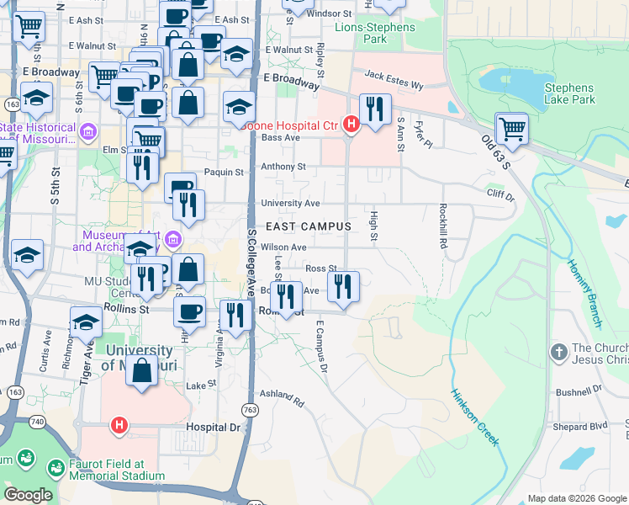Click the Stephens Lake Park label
click(x=569, y=93)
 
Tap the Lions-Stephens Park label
click(x=375, y=33)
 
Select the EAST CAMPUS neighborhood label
click(x=308, y=227)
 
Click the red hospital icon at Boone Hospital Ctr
click(x=352, y=125)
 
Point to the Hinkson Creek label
click(x=475, y=417)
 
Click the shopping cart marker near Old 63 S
click(x=511, y=130)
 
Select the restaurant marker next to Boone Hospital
click(x=375, y=109)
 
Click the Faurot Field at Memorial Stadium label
click(x=107, y=470)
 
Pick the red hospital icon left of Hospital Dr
click(x=119, y=426)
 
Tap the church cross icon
click(x=558, y=351)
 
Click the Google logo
click(x=28, y=495)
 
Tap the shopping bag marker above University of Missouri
click(x=142, y=369)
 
